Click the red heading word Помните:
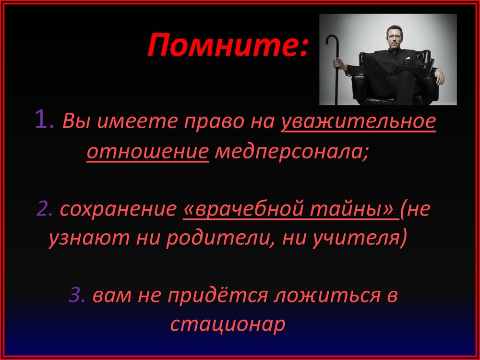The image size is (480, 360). tap(228, 45)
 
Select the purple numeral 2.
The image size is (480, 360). tap(44, 209)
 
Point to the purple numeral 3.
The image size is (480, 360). tap(77, 296)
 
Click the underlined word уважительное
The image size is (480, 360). tap(359, 122)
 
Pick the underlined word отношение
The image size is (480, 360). tap(148, 152)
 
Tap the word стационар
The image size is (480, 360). tap(228, 324)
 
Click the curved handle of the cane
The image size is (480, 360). tap(331, 40)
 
